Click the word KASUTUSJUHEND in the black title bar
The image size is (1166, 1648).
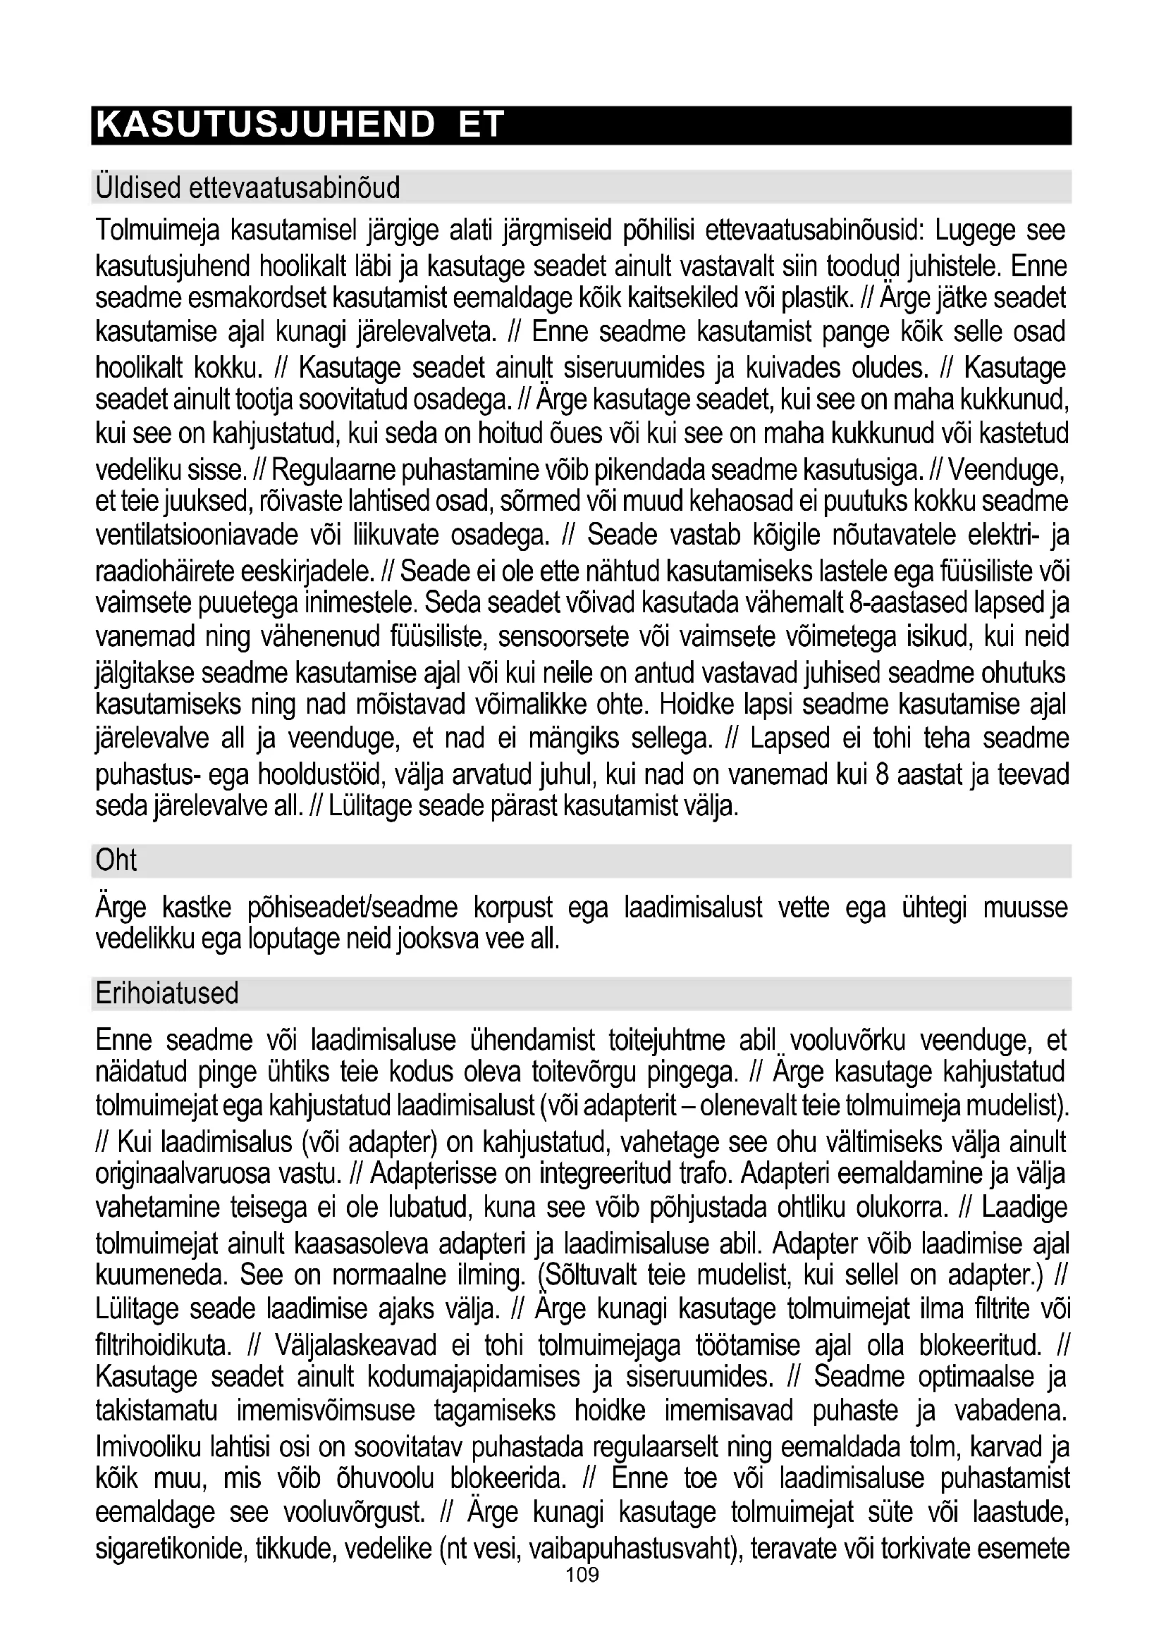coord(265,125)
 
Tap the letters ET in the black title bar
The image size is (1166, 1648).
coord(481,125)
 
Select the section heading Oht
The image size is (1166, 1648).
coord(116,860)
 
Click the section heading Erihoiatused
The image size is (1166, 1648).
coord(166,993)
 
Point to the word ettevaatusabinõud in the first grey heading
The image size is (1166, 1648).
coord(295,188)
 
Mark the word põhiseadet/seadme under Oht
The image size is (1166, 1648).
coord(352,908)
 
